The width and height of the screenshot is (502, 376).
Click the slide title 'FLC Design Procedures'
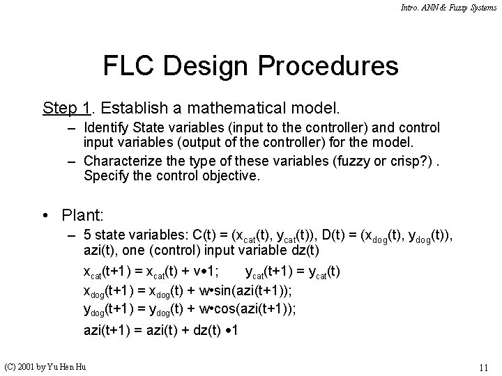pos(251,66)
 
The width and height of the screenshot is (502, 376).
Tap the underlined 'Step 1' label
pos(67,109)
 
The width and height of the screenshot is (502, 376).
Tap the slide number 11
pos(483,367)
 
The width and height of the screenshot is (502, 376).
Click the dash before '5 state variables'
pos(72,235)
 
